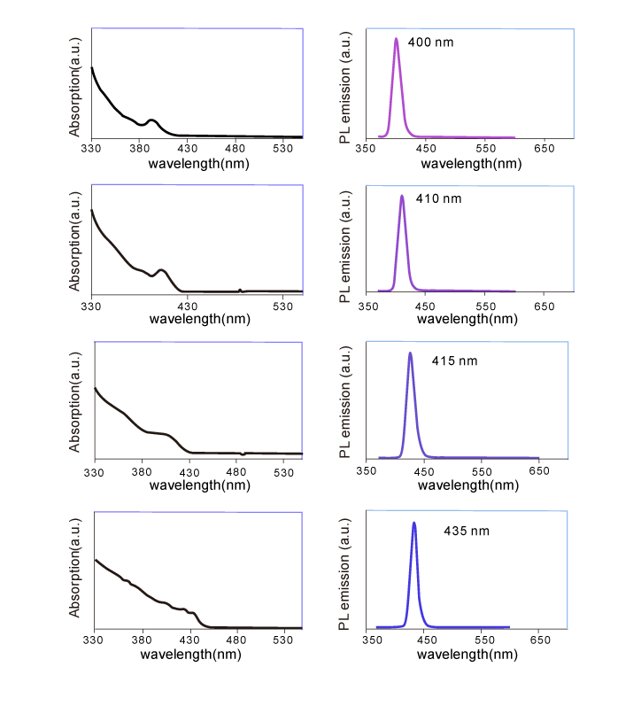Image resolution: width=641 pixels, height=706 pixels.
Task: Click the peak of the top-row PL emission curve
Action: tap(396, 39)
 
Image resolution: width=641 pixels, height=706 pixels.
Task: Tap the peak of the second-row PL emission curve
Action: tap(402, 196)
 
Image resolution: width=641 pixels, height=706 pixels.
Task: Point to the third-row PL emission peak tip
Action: tap(410, 353)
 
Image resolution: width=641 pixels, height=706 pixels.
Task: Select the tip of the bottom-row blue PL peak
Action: tap(414, 523)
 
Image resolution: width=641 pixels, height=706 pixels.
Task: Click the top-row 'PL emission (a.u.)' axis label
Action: tap(345, 86)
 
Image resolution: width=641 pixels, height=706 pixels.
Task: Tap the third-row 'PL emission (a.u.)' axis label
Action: tap(345, 404)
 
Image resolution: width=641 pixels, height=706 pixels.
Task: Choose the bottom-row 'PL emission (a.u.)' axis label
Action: tap(345, 573)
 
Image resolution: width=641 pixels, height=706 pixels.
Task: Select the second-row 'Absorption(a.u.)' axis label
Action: tap(75, 241)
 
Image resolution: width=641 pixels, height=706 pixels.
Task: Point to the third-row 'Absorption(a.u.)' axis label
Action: tap(75, 401)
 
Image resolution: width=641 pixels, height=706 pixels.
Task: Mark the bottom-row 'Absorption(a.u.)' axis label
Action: tap(75, 571)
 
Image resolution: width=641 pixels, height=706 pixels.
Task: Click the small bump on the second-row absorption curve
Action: tap(161, 269)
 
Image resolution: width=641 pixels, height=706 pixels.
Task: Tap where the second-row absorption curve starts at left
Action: tap(92, 210)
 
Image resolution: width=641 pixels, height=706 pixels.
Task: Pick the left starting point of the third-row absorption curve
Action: tap(95, 388)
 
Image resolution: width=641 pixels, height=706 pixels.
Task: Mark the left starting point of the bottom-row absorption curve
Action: tap(95, 559)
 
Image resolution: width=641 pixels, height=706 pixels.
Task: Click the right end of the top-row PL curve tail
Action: tap(515, 137)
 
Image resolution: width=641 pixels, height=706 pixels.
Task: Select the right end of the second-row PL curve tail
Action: tap(515, 291)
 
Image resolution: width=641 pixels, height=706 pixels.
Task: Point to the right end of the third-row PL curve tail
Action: tap(538, 457)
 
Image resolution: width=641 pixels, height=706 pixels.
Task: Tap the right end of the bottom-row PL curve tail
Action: tap(509, 627)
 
